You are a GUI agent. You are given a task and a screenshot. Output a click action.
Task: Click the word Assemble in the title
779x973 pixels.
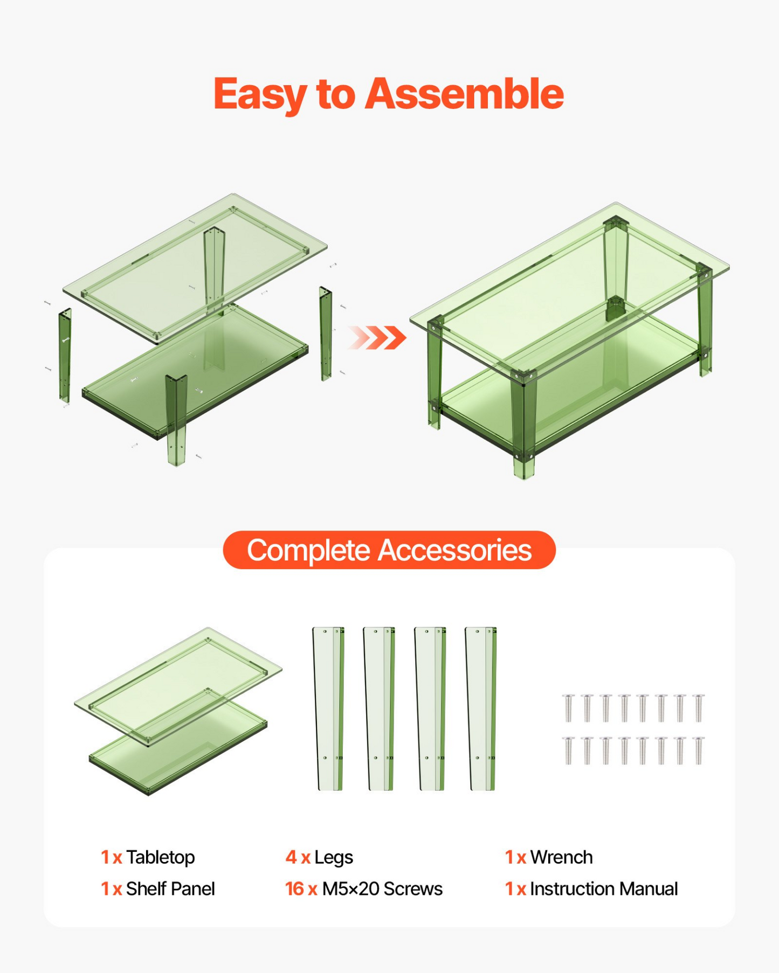(x=464, y=94)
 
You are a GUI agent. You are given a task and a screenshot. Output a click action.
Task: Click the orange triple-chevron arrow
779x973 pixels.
(x=377, y=338)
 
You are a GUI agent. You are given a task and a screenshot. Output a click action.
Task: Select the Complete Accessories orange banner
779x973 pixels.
(x=389, y=550)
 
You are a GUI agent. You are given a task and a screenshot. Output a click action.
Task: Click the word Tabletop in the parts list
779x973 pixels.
(x=160, y=857)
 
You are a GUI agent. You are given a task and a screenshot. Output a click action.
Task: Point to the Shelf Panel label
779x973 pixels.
(x=170, y=888)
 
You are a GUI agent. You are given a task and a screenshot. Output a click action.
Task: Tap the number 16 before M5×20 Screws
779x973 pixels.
(x=294, y=888)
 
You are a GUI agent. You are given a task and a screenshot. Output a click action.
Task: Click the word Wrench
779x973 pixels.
(x=561, y=857)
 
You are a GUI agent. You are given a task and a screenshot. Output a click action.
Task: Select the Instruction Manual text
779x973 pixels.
(x=604, y=888)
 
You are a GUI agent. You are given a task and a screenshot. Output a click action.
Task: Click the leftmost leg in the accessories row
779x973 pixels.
(x=328, y=708)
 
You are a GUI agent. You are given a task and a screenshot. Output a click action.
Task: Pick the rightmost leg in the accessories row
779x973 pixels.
(x=481, y=708)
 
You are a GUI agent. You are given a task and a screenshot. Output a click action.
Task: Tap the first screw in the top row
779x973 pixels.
(x=568, y=707)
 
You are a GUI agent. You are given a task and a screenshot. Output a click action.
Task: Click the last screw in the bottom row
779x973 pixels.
(x=699, y=750)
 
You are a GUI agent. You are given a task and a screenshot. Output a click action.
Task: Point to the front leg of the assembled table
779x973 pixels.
(x=523, y=426)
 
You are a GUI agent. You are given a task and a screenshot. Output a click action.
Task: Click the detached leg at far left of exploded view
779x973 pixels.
(x=65, y=356)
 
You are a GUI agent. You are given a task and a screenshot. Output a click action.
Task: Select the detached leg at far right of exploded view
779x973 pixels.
(x=325, y=333)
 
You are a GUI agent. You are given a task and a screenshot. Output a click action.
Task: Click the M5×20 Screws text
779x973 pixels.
(x=382, y=888)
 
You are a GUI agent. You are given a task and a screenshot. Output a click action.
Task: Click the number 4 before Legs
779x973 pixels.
(x=291, y=857)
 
